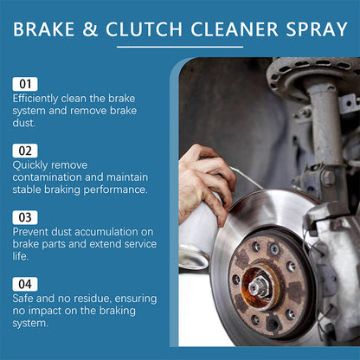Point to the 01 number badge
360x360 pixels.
pos(25,84)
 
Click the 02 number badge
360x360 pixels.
pos(25,151)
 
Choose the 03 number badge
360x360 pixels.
pos(25,217)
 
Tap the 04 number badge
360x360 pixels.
pos(25,284)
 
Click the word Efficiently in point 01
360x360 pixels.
pos(35,99)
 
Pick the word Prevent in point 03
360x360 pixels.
pos(32,231)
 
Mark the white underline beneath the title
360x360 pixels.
pos(179,47)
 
